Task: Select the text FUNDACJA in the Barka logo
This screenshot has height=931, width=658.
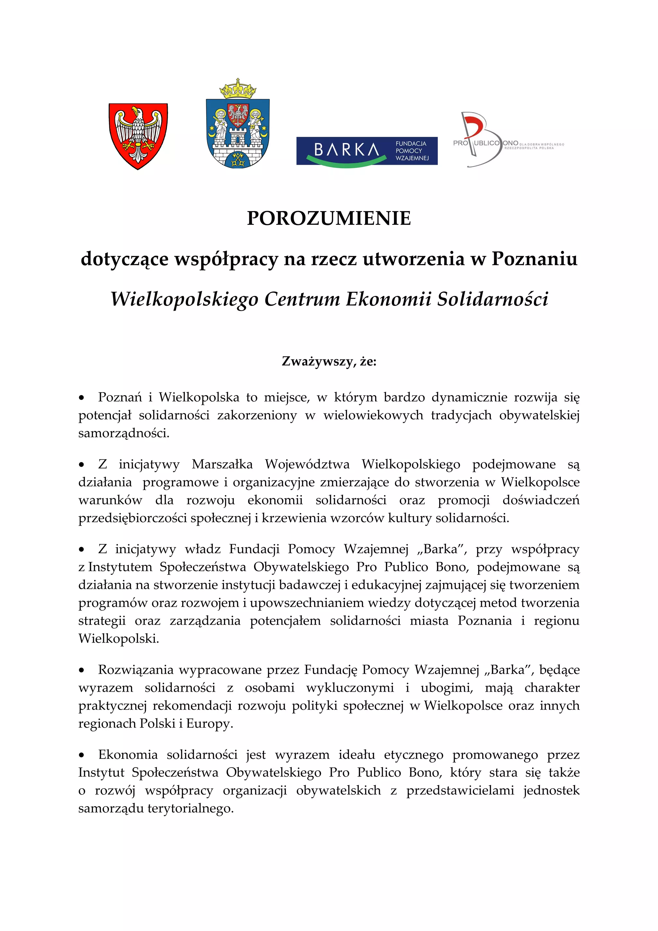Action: click(x=411, y=144)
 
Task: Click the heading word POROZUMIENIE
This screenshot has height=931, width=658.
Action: click(x=329, y=218)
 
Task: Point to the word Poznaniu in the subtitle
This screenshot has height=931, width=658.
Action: click(x=534, y=259)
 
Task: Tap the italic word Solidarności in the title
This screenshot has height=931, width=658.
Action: click(x=493, y=299)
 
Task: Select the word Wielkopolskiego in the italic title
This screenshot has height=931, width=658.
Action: click(x=184, y=299)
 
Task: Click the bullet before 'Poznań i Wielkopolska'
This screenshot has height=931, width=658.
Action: click(x=82, y=398)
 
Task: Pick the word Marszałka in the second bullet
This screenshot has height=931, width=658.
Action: click(x=222, y=464)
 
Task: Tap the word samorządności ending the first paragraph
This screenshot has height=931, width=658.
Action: click(x=123, y=433)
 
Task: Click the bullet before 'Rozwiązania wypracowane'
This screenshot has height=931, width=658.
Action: click(x=82, y=670)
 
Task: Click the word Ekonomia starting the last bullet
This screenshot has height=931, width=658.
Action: click(x=128, y=755)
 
